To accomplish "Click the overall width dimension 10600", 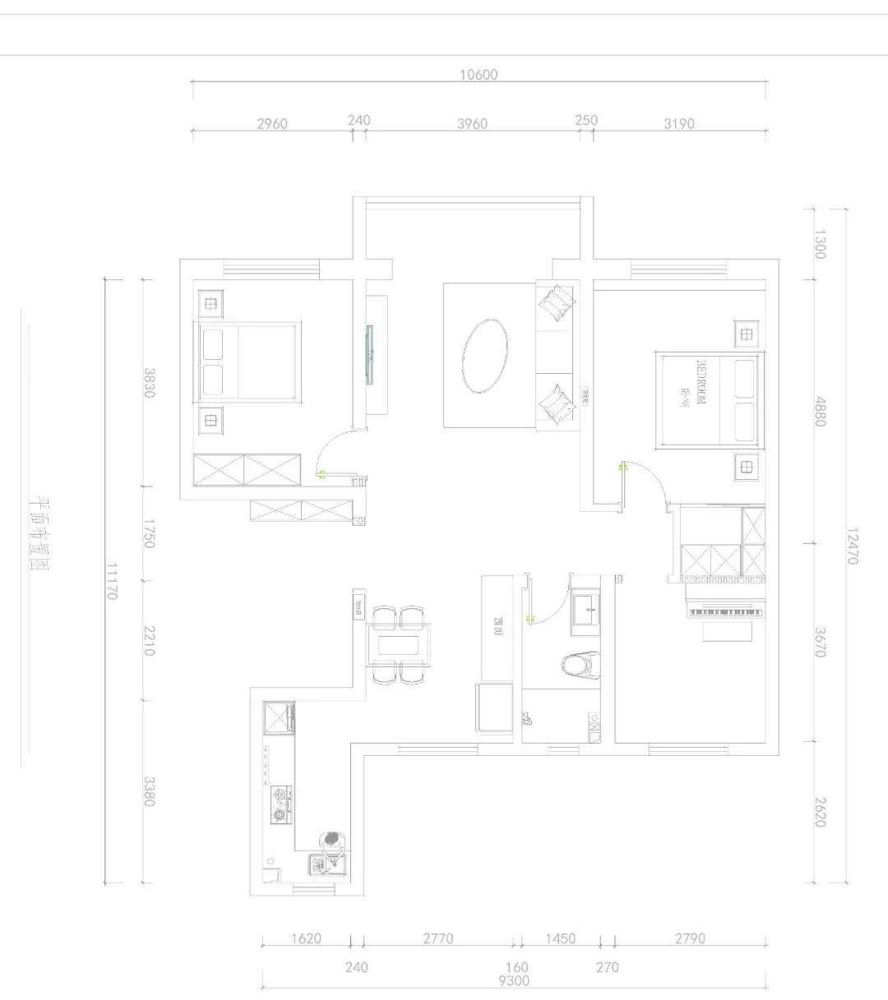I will point(479,75).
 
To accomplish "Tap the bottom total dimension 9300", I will point(514,980).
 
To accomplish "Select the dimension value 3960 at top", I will point(472,124).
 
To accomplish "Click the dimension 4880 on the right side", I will point(819,411).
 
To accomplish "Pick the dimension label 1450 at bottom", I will point(560,938).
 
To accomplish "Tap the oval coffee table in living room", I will point(485,356).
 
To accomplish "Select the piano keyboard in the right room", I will point(724,612).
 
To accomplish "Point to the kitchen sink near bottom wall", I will point(326,864).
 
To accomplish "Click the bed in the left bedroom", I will point(247,362).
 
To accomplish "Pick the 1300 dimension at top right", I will point(819,244).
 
